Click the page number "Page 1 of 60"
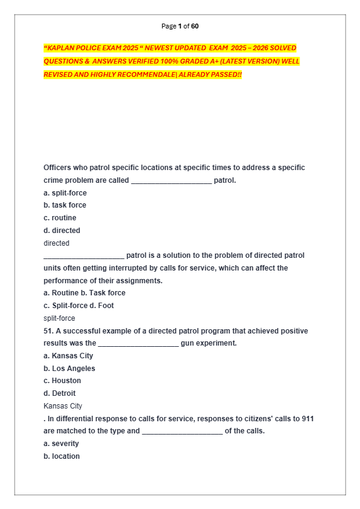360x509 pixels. click(x=180, y=26)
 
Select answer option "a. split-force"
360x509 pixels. click(x=65, y=193)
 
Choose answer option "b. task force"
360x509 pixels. click(x=65, y=205)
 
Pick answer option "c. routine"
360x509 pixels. click(x=60, y=218)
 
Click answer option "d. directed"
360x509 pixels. click(x=62, y=231)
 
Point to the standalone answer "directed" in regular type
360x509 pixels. click(x=56, y=243)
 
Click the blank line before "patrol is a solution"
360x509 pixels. click(x=83, y=256)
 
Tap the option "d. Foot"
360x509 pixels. click(x=102, y=306)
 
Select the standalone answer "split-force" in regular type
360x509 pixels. click(x=59, y=318)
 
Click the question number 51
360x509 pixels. click(x=48, y=331)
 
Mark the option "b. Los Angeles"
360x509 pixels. click(x=69, y=369)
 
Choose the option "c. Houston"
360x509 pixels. click(x=62, y=381)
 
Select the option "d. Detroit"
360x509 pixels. click(x=59, y=393)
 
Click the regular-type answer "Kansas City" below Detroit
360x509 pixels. click(x=63, y=406)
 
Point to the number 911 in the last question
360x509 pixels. click(x=307, y=419)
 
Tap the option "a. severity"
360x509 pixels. click(x=61, y=444)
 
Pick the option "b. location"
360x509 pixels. click(x=62, y=456)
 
